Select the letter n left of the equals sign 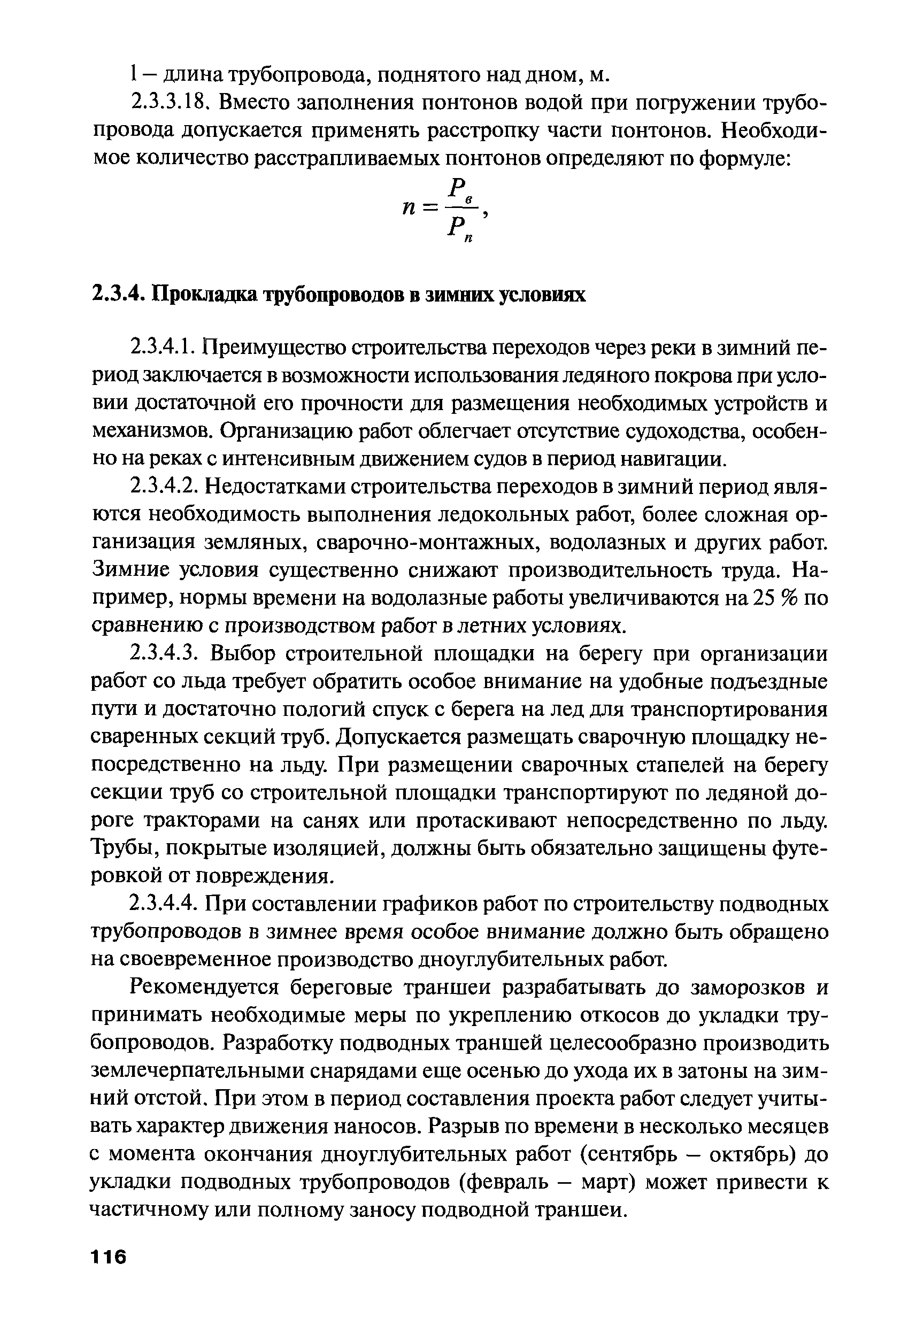408,209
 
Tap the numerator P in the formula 457,188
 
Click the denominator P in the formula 455,229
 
